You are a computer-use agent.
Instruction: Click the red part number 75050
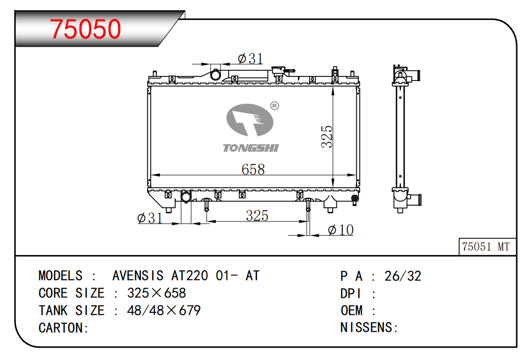[x=85, y=29]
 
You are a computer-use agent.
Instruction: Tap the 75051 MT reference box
[x=488, y=247]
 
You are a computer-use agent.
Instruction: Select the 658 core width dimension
[x=253, y=169]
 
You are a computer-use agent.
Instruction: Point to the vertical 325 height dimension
[x=327, y=136]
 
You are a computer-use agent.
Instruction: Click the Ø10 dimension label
[x=340, y=230]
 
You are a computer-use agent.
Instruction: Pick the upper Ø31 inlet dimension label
[x=250, y=58]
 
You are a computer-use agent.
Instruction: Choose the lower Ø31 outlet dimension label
[x=150, y=218]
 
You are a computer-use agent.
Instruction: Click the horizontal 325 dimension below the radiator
[x=257, y=215]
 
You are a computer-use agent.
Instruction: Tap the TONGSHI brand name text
[x=251, y=148]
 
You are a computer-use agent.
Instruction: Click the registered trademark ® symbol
[x=275, y=106]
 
